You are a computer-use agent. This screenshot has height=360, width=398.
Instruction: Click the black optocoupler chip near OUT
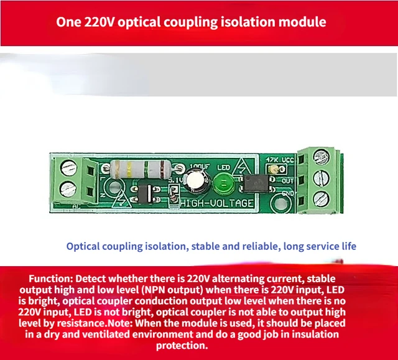coord(256,183)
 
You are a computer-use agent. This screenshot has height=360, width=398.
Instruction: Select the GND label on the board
coord(288,193)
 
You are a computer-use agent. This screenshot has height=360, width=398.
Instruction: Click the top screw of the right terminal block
coord(321,156)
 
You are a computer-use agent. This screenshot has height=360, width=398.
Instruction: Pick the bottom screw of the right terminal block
coord(321,198)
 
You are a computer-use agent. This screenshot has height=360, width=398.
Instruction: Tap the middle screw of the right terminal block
coord(321,178)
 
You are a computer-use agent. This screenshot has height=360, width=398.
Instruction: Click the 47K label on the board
coord(271,160)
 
